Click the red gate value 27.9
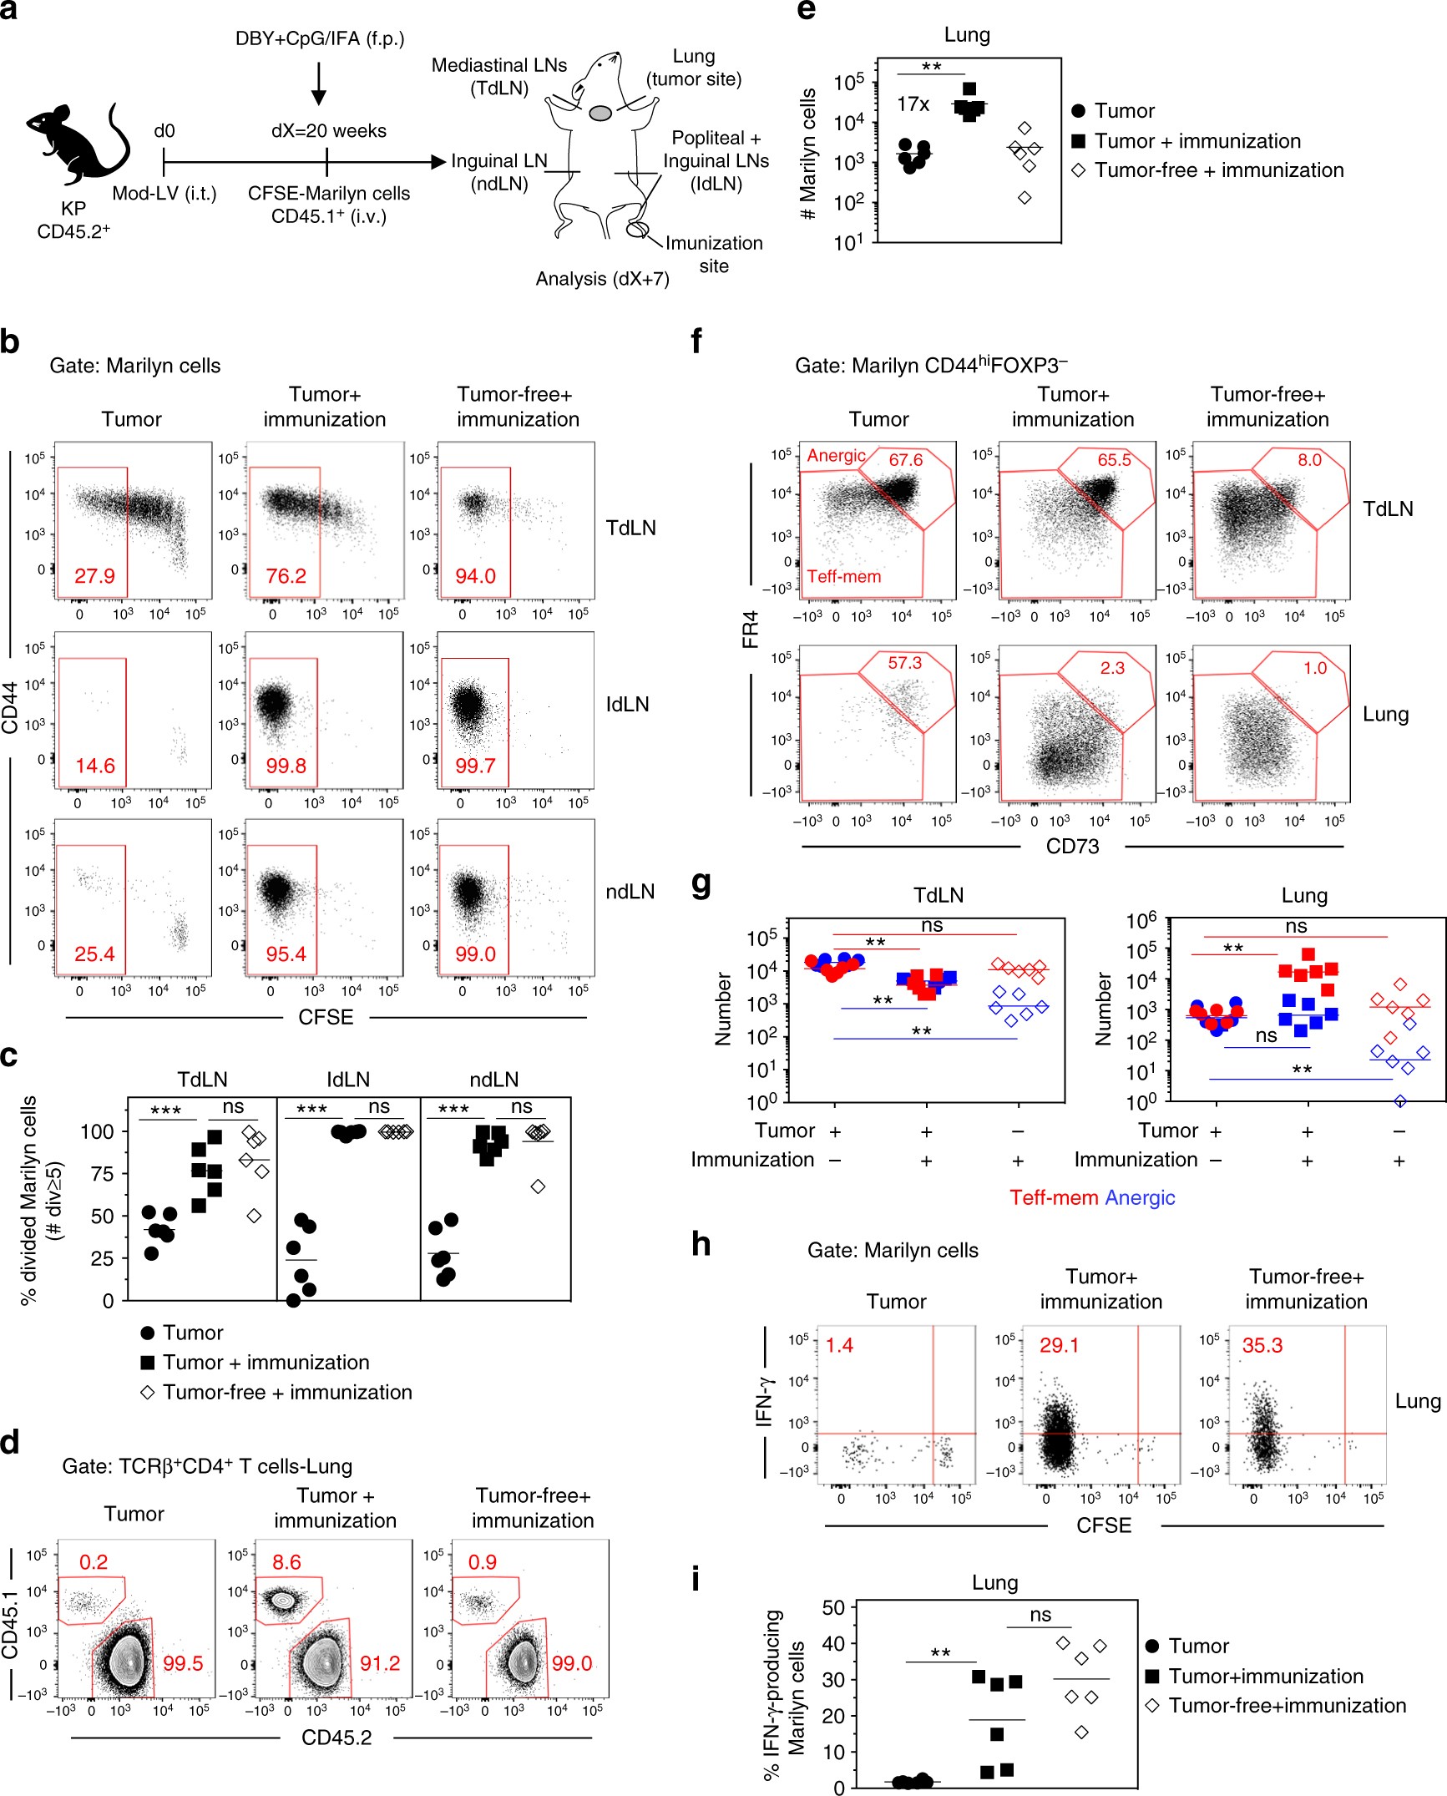point(94,576)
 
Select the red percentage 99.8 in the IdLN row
point(286,766)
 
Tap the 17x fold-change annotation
point(913,104)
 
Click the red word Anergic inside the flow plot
point(836,456)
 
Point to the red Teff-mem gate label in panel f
point(843,576)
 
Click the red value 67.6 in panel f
point(905,460)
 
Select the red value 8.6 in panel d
point(286,1561)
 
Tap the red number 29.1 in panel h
point(1059,1345)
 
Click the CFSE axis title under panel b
point(326,1017)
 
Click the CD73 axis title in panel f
point(1072,847)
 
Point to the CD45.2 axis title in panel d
point(336,1738)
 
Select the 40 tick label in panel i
point(833,1643)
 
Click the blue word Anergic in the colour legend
point(1140,1197)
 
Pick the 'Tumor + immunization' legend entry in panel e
point(1197,140)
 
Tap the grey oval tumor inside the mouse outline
point(600,113)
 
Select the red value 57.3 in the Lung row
point(904,663)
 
